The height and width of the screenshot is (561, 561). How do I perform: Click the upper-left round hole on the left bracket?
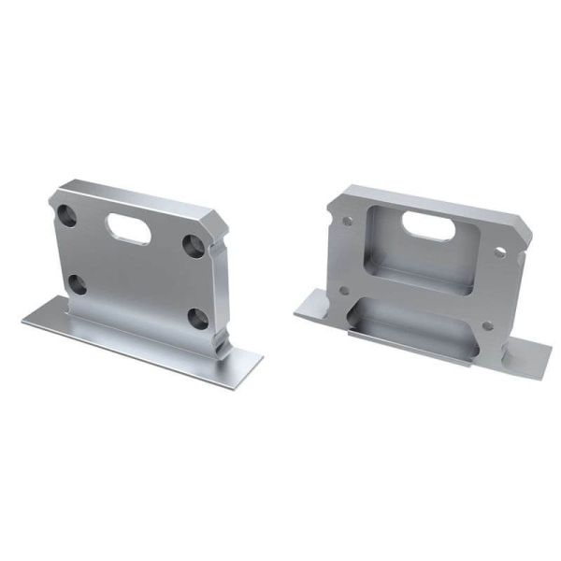pyautogui.click(x=68, y=214)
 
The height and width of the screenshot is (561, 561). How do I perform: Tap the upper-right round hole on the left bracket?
pyautogui.click(x=194, y=245)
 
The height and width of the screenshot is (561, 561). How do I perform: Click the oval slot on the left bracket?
pyautogui.click(x=129, y=224)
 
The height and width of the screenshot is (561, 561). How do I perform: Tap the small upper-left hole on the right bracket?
pyautogui.click(x=349, y=222)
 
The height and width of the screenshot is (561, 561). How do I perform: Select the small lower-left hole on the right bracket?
pyautogui.click(x=344, y=289)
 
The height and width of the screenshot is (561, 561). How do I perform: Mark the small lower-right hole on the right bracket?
pyautogui.click(x=487, y=325)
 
